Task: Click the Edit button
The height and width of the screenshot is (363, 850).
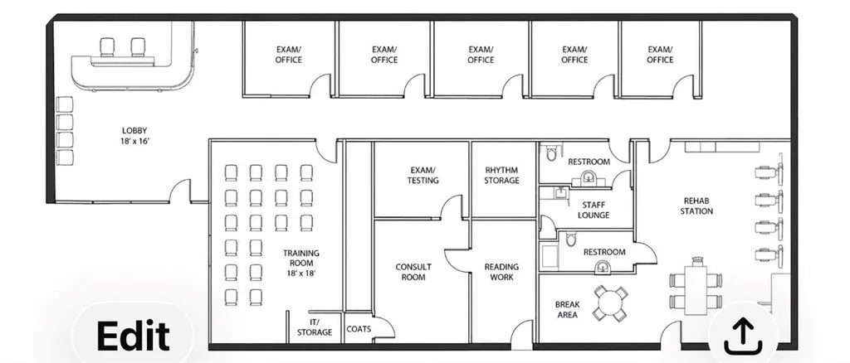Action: (133, 335)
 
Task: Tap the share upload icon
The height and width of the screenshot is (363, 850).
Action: (743, 336)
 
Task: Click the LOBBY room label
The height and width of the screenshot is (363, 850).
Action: (134, 130)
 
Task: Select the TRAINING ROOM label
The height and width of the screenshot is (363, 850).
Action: (300, 258)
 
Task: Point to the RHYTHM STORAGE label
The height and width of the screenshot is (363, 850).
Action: (501, 175)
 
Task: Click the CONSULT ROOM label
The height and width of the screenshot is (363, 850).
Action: (413, 272)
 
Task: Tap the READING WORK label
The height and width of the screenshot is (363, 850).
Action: (501, 272)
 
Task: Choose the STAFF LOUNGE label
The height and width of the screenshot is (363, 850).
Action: (593, 210)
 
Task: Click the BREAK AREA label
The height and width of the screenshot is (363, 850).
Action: (567, 309)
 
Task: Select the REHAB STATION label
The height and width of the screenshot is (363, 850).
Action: (696, 206)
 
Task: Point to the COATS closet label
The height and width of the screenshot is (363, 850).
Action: (359, 328)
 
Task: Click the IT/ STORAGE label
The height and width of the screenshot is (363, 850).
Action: (315, 327)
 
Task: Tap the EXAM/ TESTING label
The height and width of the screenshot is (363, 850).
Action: (423, 175)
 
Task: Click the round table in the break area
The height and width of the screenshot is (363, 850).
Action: (610, 302)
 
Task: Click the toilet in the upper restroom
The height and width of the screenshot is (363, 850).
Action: (551, 153)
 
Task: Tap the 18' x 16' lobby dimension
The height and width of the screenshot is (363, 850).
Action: (134, 141)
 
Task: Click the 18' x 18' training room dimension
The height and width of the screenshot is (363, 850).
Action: (300, 273)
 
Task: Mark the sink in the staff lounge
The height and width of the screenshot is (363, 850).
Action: (560, 193)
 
